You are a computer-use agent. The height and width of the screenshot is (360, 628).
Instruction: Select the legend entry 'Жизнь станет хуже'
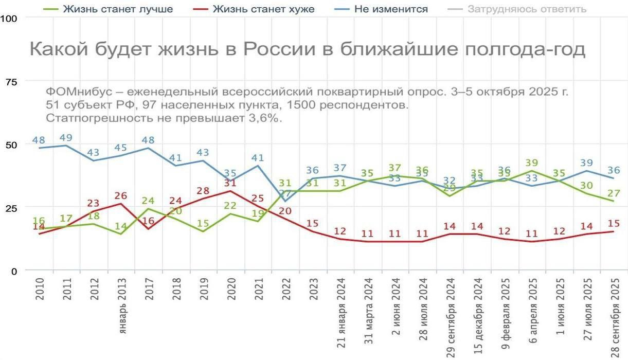(x=263, y=9)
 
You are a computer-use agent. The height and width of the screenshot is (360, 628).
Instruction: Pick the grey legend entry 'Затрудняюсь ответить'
(x=527, y=9)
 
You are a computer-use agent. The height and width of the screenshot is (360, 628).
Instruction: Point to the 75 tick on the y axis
(x=10, y=81)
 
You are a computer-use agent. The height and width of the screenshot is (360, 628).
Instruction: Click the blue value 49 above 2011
(x=65, y=137)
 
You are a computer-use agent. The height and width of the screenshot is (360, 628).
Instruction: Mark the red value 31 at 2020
(x=230, y=183)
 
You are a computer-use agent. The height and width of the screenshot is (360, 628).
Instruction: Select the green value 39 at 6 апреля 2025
(x=533, y=163)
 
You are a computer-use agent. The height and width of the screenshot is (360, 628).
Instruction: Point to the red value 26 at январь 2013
(x=120, y=195)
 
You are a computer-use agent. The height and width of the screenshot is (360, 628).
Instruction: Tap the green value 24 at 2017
(x=148, y=201)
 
